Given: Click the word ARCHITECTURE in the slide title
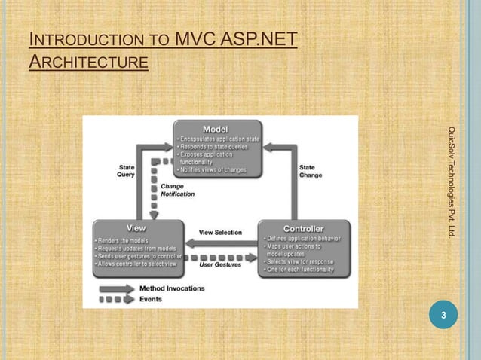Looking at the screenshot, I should click(x=87, y=61).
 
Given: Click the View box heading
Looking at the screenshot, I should click(x=136, y=227).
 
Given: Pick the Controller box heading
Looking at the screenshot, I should click(x=303, y=227).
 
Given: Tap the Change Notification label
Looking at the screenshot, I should click(x=178, y=190).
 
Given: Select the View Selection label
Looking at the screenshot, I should click(x=220, y=233).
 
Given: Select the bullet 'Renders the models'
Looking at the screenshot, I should click(x=127, y=239).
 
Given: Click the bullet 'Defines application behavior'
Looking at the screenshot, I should click(x=302, y=239).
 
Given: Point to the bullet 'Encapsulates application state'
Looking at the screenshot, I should click(x=218, y=140).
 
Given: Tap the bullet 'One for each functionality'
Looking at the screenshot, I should click(x=299, y=270).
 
